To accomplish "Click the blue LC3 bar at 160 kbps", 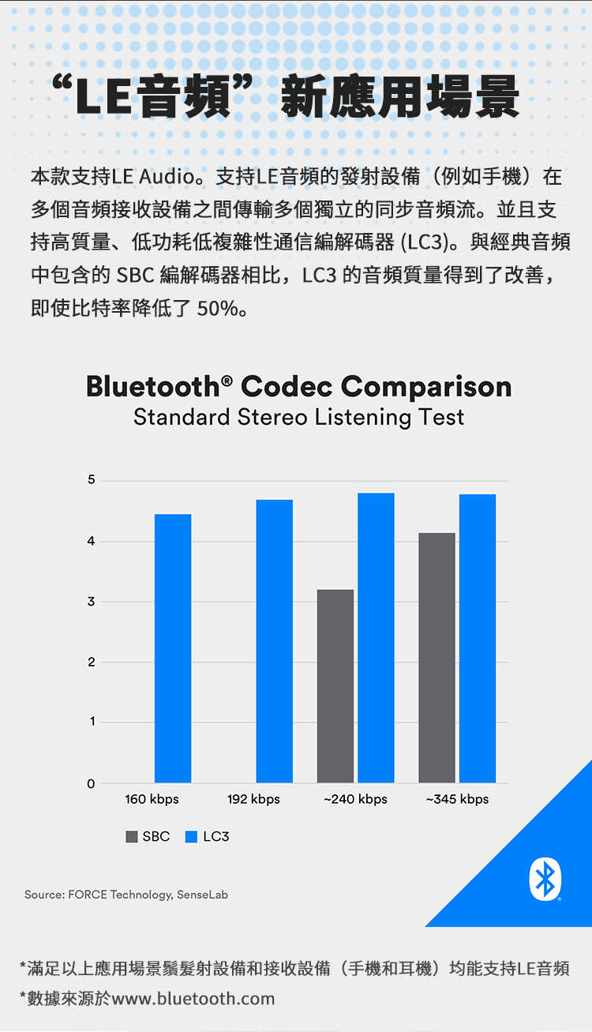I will (173, 648).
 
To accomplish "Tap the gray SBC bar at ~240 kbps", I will (335, 686).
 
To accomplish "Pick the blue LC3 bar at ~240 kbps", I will (376, 638).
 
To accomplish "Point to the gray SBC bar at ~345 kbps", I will (437, 658).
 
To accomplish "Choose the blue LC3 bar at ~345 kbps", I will (478, 638).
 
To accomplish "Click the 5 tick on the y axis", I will (92, 480).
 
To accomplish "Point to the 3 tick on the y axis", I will (92, 602).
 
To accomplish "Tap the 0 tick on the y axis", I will (92, 783).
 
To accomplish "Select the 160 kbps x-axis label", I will (152, 799).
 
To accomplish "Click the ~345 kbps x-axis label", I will (457, 799).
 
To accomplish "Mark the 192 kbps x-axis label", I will (253, 799).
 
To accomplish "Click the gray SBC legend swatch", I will (132, 837).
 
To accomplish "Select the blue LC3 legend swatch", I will (191, 837).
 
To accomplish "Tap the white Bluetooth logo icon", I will (545, 879).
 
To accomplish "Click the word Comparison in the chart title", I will (426, 387).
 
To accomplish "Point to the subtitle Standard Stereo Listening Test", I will (298, 417).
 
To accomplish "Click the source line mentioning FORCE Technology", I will (126, 895).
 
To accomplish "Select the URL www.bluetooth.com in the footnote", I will (193, 999).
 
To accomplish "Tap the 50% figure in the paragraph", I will (218, 308).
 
